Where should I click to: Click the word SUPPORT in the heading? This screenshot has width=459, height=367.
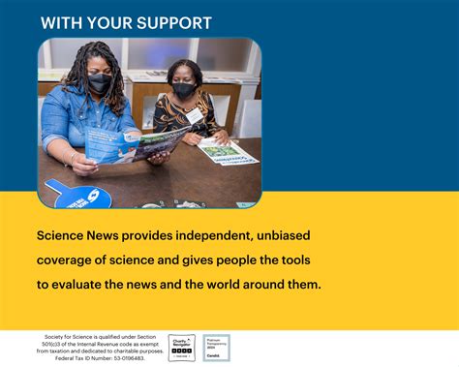coord(171,22)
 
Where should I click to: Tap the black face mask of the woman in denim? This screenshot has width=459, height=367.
coord(100,84)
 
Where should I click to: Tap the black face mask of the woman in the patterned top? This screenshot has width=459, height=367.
coord(184,90)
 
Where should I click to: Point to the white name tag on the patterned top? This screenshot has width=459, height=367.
coord(196,116)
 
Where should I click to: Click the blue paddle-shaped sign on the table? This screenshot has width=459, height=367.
coord(76,194)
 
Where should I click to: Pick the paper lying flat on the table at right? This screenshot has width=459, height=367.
coord(229,151)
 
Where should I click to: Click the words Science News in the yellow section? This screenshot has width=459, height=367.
coord(80,235)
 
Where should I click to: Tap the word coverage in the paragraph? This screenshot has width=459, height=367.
coord(70,260)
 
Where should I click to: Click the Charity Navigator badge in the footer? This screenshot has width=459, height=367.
coord(182,347)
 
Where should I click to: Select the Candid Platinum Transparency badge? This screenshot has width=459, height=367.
coord(217,347)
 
